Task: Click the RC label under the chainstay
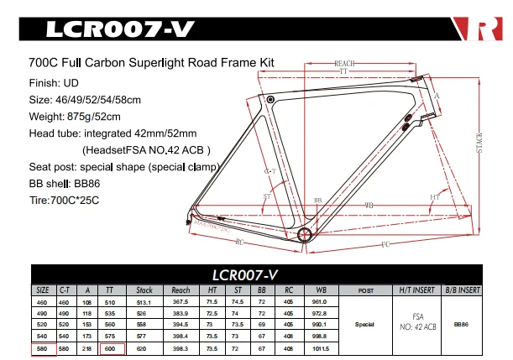[239, 243]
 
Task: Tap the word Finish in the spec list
[44, 83]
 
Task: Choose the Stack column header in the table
[144, 290]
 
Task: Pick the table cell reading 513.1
[144, 302]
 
